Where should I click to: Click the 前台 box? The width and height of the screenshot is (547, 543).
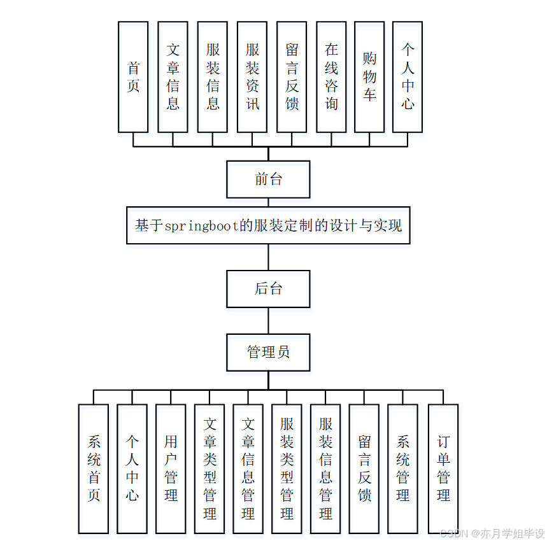coord(268,179)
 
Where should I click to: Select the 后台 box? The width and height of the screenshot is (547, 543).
coord(268,288)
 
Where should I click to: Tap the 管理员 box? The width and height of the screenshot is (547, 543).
coord(268,352)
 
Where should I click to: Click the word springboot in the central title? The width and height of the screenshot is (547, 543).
coord(202,225)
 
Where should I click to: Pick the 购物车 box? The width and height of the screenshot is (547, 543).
coord(369,77)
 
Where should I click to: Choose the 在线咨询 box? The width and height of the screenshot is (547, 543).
coord(331,77)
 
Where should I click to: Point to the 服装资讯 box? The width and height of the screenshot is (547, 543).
coord(252,77)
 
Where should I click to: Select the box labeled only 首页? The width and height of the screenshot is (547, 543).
coord(133,77)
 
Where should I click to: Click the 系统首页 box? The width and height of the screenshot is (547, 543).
coord(94,469)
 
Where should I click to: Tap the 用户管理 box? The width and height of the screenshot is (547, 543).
coord(171,469)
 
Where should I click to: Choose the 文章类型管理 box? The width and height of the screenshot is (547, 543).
coord(210,469)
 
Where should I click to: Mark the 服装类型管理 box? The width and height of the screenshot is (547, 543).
coord(287,469)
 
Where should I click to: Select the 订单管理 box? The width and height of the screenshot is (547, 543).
coord(443,469)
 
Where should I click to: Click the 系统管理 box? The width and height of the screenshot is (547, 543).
coord(402,469)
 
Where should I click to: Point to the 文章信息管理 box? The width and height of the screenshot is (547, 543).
coord(248,469)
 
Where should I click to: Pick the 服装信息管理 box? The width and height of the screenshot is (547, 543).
coord(326,469)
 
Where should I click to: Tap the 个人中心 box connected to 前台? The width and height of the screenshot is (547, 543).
coord(408,77)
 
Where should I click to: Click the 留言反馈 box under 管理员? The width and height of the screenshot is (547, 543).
coord(364,469)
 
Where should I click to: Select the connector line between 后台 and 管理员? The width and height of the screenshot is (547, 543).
coord(268,321)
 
